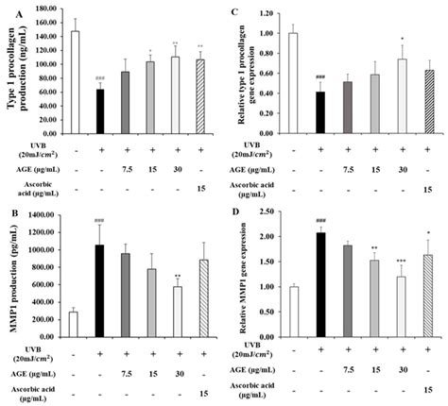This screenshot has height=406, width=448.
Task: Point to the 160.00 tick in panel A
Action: [37, 9]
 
